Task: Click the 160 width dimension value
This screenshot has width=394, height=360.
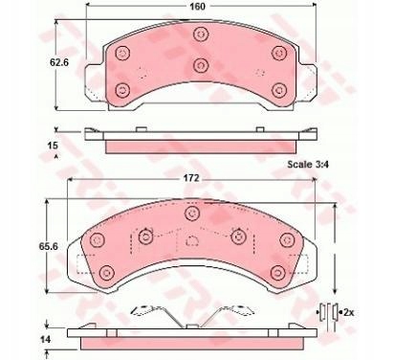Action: coord(197,7)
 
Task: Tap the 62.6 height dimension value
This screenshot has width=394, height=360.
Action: coord(59,62)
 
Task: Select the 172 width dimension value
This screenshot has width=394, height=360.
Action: coord(190,178)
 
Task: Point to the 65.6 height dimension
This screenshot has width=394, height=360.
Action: coord(48,246)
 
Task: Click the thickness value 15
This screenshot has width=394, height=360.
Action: coord(53,146)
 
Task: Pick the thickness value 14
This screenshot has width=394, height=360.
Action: coord(45,339)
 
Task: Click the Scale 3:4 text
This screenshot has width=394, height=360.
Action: coord(308,165)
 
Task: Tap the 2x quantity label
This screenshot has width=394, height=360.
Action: coord(349,313)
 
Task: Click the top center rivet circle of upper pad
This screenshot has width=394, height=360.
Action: coord(201,34)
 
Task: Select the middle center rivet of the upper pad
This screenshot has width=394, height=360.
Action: coord(201,65)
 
